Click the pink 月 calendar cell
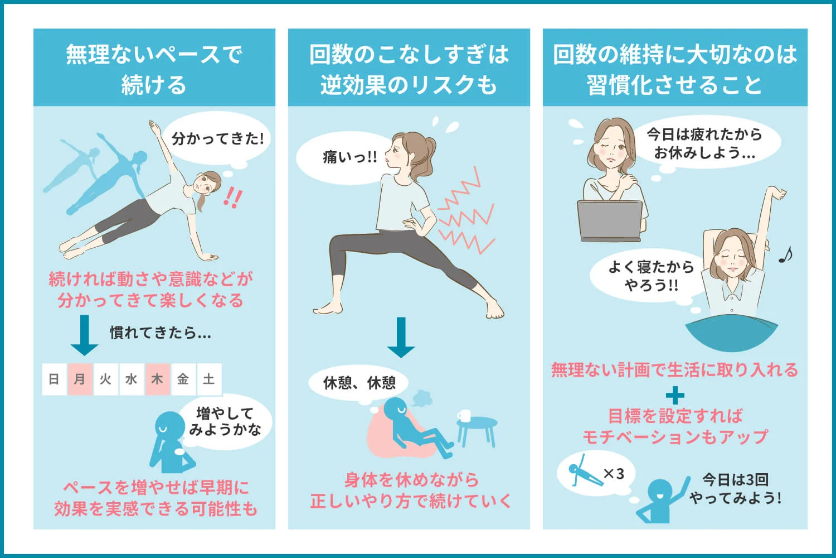(x=80, y=379)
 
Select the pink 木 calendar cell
(x=157, y=379)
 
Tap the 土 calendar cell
(x=209, y=379)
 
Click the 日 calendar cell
(x=54, y=379)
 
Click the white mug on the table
(x=464, y=416)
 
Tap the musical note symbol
(x=785, y=255)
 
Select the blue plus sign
(x=675, y=396)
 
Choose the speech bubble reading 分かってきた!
(x=217, y=138)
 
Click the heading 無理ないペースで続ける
(x=154, y=69)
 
